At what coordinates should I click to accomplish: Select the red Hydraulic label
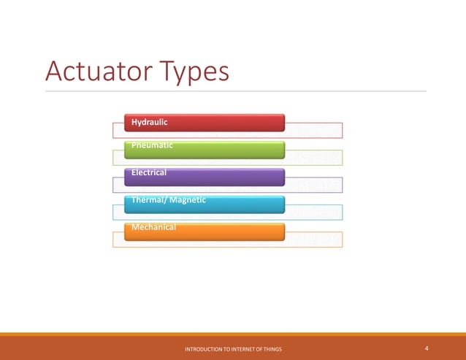[150, 122]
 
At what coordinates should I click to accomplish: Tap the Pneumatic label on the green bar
[153, 145]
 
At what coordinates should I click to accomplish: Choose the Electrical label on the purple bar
[149, 172]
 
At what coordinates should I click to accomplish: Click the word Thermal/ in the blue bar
[148, 199]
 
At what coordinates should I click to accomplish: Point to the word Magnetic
[187, 199]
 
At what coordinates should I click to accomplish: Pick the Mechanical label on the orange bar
[154, 227]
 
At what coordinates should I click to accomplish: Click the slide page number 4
[426, 349]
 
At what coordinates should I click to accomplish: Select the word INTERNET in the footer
[245, 351]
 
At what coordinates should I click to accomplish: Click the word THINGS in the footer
[271, 351]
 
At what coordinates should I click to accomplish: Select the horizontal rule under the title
[234, 91]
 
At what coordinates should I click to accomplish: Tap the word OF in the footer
[259, 351]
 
